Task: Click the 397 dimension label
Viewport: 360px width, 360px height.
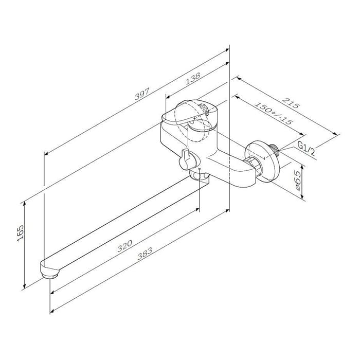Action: tap(142, 94)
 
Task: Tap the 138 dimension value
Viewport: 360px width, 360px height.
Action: tap(193, 79)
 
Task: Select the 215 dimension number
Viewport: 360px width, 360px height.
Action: tap(291, 103)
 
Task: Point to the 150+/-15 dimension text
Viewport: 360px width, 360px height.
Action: tap(273, 113)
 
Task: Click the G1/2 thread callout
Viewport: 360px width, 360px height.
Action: tap(307, 148)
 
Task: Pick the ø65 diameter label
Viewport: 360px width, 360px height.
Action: tap(297, 181)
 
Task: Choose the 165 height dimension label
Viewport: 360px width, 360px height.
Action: tap(20, 233)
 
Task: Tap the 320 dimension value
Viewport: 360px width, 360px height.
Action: tap(124, 246)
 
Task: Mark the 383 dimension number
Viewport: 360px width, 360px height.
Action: tap(145, 253)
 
